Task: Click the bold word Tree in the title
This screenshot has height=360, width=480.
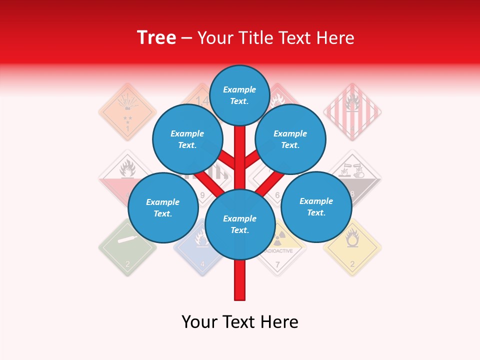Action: [x=156, y=37]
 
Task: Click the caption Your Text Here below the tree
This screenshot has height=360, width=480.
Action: [x=240, y=322]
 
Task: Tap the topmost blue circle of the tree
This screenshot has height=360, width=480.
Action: [x=240, y=95]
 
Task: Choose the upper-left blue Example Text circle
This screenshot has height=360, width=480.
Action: [x=187, y=139]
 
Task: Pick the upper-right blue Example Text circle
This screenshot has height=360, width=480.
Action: [x=290, y=139]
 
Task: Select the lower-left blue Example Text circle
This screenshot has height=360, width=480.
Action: [x=162, y=207]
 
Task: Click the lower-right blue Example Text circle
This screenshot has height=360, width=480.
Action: [x=316, y=206]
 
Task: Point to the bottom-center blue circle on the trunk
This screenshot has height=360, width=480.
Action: [x=240, y=224]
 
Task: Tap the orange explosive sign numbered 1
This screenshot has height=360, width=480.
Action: [x=127, y=111]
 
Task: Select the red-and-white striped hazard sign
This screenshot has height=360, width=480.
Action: [x=352, y=111]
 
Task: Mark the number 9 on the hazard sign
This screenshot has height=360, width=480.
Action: [x=202, y=195]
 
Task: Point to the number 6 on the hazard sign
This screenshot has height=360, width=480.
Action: [x=277, y=195]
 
